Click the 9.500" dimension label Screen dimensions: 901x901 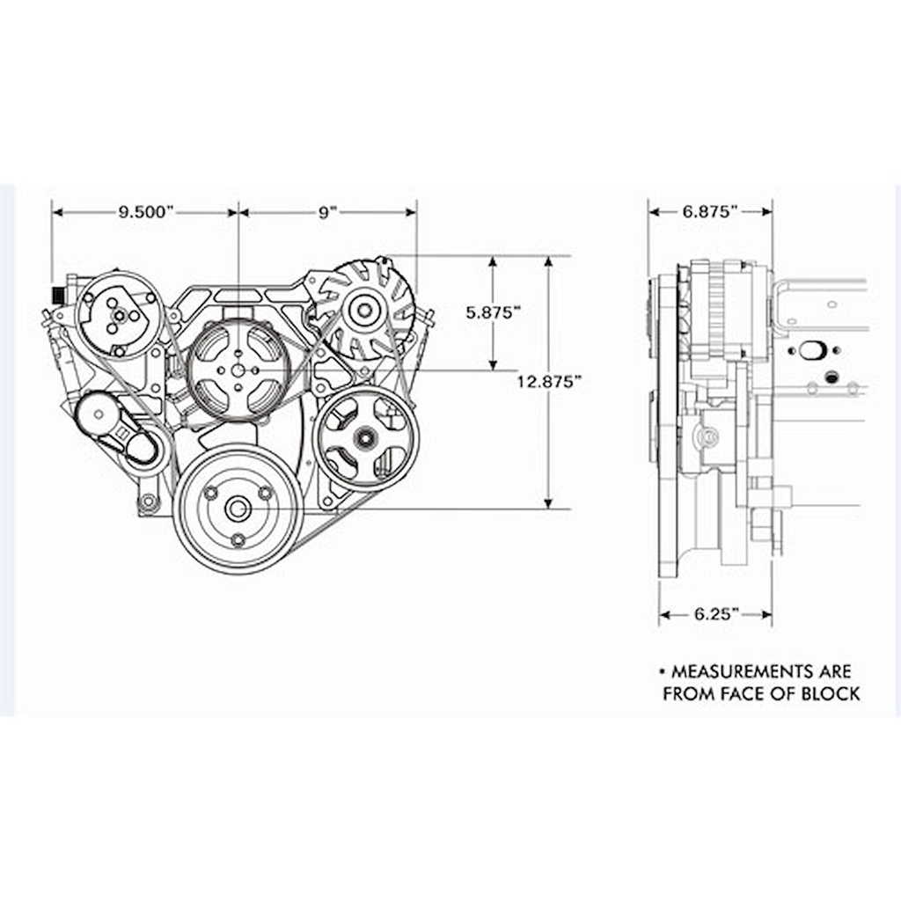(x=146, y=212)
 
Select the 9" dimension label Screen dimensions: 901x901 (x=327, y=212)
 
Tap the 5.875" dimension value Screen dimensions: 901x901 (x=493, y=312)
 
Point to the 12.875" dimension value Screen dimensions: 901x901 (x=550, y=381)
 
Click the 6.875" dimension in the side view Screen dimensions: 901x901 (x=710, y=211)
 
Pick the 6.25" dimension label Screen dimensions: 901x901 (x=716, y=614)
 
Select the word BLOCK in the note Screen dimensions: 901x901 (x=831, y=693)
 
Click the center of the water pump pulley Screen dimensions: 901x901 (x=238, y=370)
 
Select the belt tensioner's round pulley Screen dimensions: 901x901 (x=99, y=414)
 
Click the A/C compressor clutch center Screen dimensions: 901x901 (x=120, y=315)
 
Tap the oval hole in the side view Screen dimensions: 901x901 (x=811, y=350)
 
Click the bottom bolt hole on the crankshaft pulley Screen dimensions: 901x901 (x=238, y=540)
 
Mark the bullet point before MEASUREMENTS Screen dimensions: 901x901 (x=663, y=671)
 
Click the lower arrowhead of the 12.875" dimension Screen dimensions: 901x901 (x=549, y=502)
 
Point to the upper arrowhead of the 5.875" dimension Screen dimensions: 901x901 (x=493, y=262)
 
